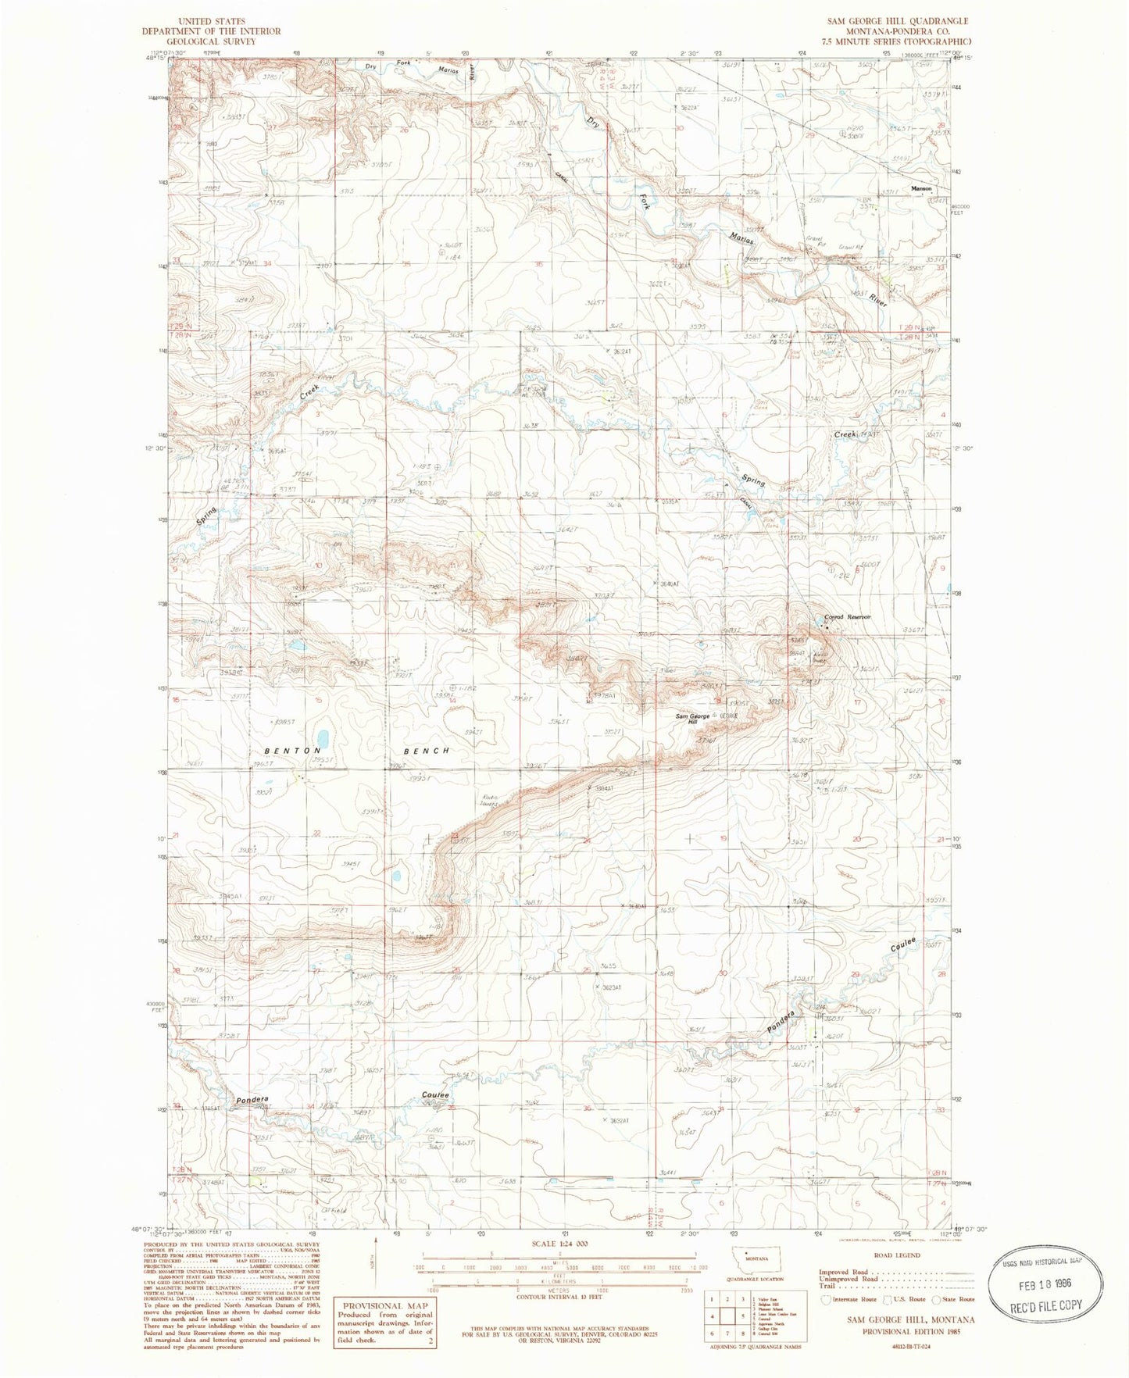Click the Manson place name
[919, 189]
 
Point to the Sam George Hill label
[693, 719]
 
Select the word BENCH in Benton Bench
[427, 751]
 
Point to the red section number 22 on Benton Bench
[316, 833]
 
